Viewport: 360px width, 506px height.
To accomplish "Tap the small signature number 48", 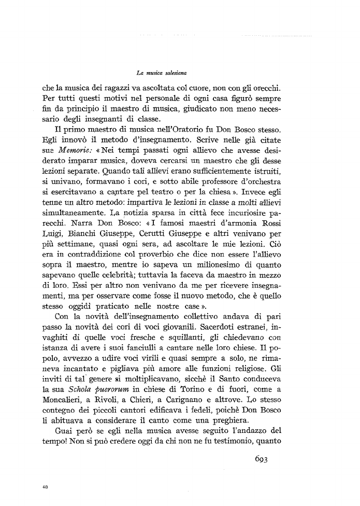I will (45, 487).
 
